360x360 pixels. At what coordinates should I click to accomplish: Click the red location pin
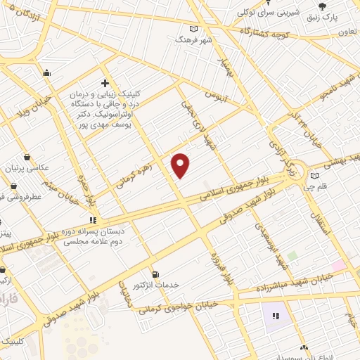pos(181,165)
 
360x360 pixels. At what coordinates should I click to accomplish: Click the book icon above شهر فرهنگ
pos(193,30)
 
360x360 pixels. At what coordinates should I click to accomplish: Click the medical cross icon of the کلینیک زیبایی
pos(105,83)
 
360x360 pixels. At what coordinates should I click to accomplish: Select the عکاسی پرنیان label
pos(46,168)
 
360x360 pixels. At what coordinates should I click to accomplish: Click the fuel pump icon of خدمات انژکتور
pos(155,274)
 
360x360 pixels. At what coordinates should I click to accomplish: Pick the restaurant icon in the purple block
pos(276,315)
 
